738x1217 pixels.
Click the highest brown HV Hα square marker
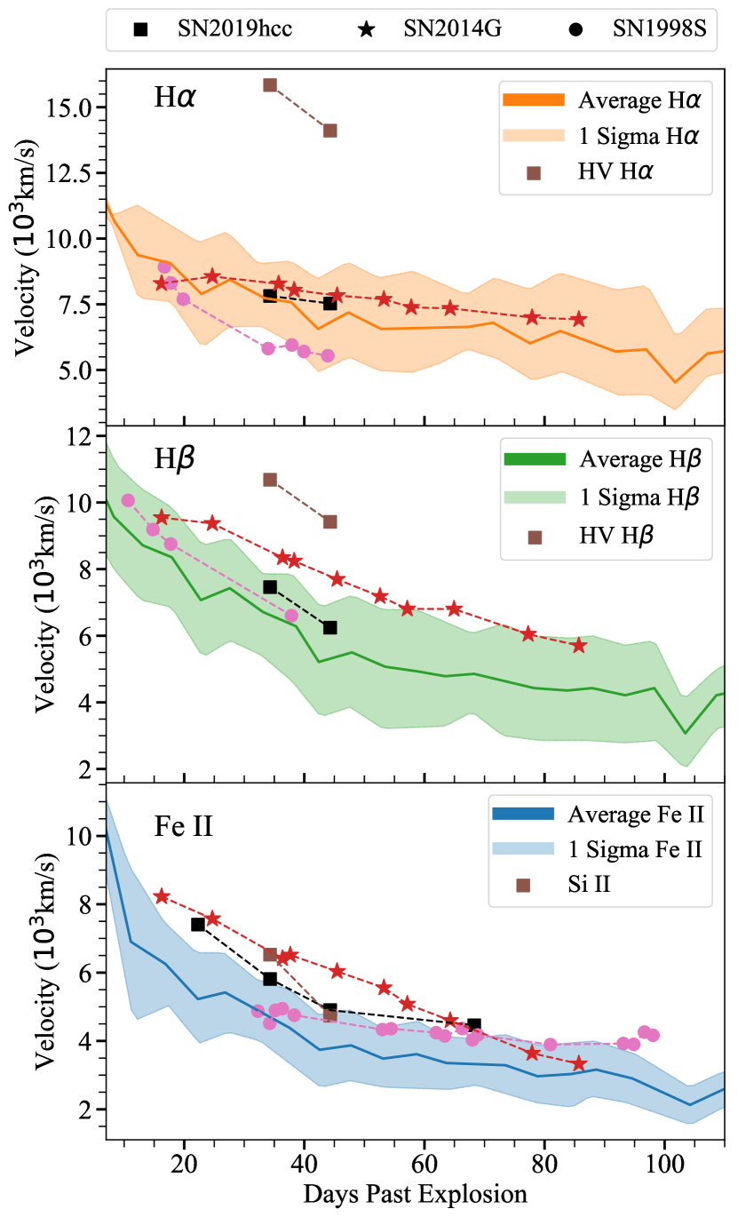tap(270, 85)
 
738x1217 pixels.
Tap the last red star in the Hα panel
tap(579, 319)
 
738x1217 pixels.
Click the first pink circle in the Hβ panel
tap(128, 500)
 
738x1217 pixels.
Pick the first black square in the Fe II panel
tap(198, 924)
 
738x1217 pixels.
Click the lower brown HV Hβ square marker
tap(330, 521)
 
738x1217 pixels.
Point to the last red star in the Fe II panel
tap(579, 1063)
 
